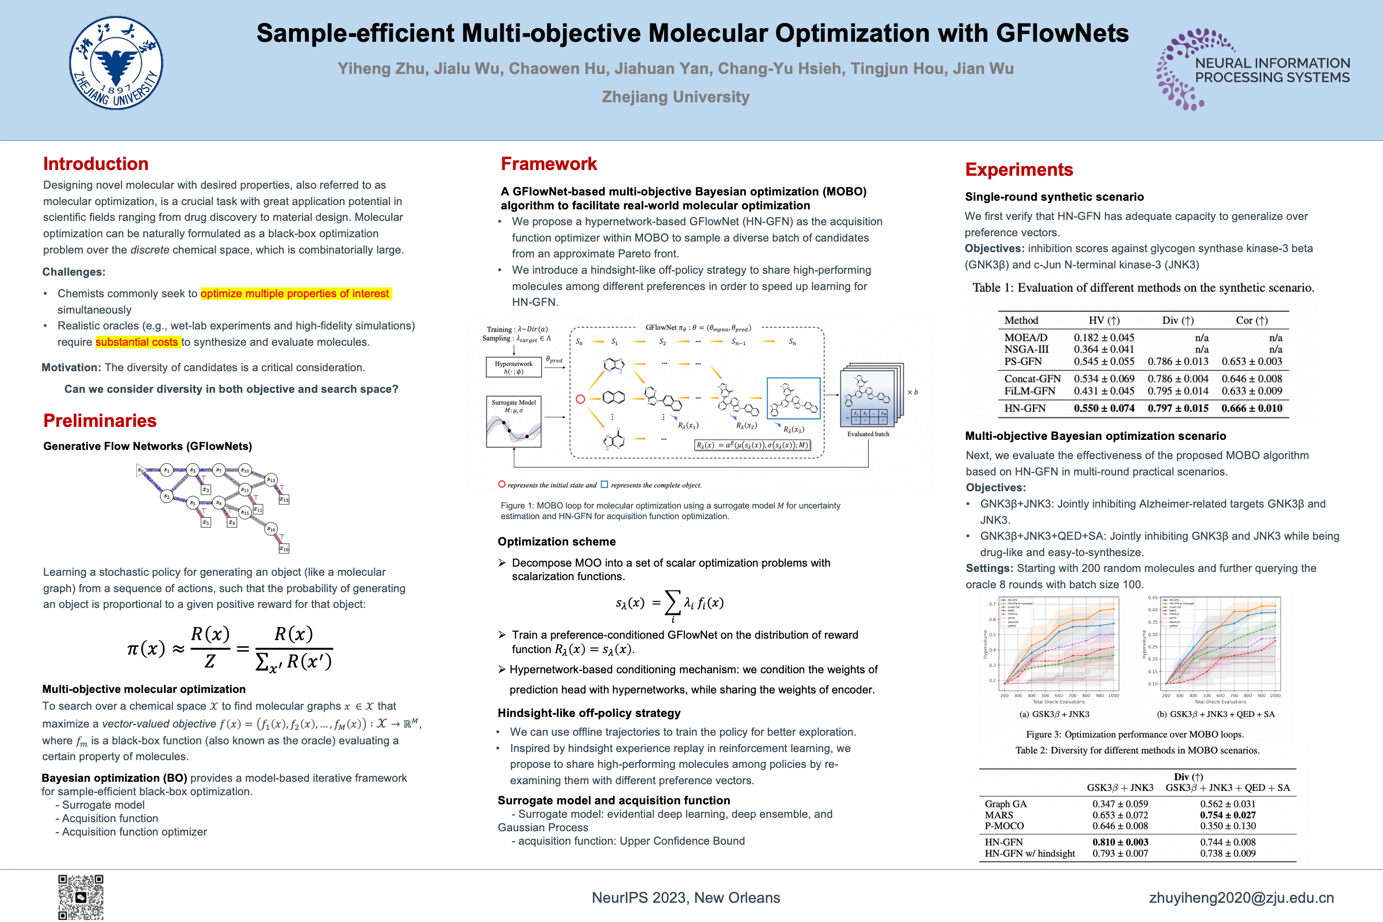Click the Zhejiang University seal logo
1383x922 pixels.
[x=116, y=63]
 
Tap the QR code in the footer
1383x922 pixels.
[x=81, y=897]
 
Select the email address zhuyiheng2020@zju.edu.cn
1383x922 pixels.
[x=1241, y=898]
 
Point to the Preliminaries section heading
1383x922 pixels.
[x=100, y=421]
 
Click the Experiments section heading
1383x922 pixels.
[x=1019, y=170]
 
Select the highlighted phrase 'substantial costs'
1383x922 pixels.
[x=137, y=342]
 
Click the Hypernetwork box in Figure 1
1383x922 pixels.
[x=513, y=367]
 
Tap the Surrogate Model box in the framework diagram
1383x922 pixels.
[x=513, y=422]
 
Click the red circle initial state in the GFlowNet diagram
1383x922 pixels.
[x=581, y=399]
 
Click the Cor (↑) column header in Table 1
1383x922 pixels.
[x=1251, y=320]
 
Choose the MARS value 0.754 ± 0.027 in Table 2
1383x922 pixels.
[x=1227, y=815]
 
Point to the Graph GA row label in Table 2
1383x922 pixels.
[x=1006, y=804]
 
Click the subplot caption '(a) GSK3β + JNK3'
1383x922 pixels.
[x=1055, y=714]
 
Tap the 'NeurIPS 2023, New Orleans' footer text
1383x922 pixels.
[x=686, y=898]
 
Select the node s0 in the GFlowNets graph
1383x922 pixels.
[x=141, y=471]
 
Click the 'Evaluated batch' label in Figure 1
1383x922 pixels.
[x=868, y=434]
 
